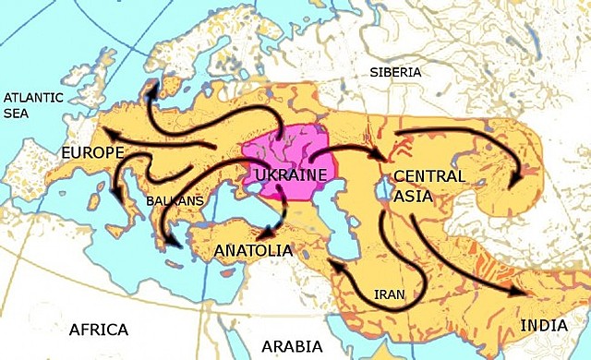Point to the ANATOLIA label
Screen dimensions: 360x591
tap(253, 250)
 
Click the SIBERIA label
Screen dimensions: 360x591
tap(395, 72)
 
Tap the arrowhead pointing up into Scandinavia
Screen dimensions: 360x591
tap(151, 86)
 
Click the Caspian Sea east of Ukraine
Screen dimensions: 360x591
tap(322, 231)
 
